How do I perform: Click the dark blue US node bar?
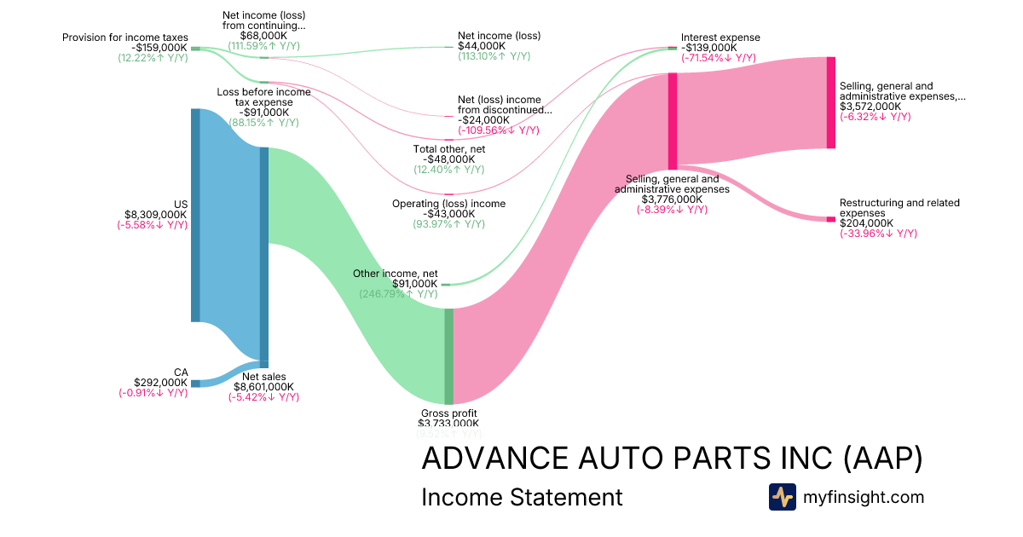[x=195, y=215]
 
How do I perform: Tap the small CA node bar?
[x=195, y=384]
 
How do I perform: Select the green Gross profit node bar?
[x=448, y=356]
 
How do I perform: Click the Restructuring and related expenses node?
[x=830, y=219]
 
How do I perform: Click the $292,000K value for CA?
[x=160, y=383]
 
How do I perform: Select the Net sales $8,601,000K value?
[x=263, y=386]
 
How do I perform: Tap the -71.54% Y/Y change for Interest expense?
[x=718, y=58]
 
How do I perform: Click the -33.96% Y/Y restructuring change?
[x=878, y=234]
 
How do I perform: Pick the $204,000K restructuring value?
[x=866, y=223]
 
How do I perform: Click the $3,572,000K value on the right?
[x=870, y=107]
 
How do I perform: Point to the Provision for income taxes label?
[x=124, y=38]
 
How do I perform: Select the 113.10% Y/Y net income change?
[x=494, y=56]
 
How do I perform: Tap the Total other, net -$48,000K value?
[x=448, y=159]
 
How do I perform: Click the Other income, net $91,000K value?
[x=414, y=284]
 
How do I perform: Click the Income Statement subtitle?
[x=522, y=497]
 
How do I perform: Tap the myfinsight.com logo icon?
[x=782, y=497]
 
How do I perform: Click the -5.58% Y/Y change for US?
[x=153, y=225]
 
